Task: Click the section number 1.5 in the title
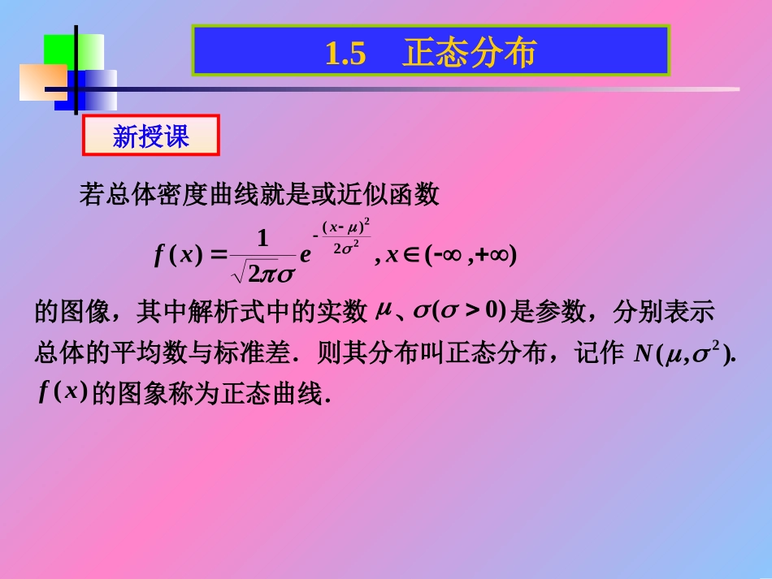coord(345,54)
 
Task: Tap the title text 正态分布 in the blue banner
coord(469,54)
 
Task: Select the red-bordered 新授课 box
coord(151,136)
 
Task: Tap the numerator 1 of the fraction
coord(262,239)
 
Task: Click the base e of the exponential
coord(306,256)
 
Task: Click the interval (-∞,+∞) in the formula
coord(471,255)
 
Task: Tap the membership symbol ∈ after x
coord(410,255)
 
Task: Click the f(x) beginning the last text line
coord(62,392)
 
